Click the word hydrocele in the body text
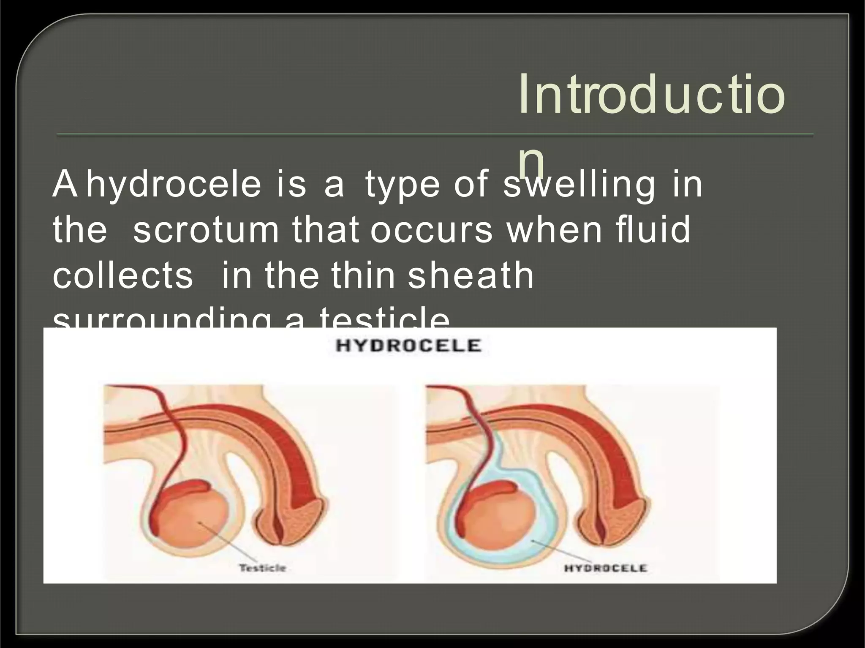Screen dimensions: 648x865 point(174,185)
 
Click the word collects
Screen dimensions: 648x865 point(123,276)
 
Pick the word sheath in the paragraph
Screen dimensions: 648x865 point(471,276)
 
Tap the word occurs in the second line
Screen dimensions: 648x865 point(431,230)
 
